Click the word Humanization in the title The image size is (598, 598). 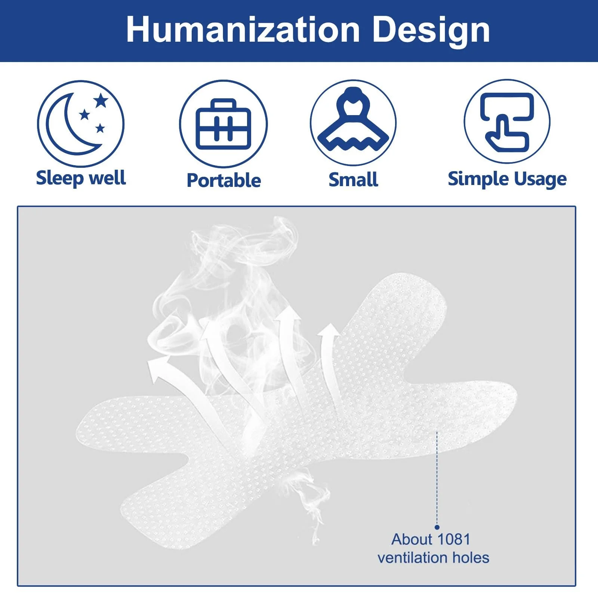243,30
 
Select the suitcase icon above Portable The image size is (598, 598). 224,124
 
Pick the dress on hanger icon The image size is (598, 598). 353,120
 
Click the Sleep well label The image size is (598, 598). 81,178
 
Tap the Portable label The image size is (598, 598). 224,180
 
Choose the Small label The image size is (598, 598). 353,179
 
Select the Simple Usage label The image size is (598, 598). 507,179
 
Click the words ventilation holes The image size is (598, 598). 433,558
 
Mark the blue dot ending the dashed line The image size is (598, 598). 437,527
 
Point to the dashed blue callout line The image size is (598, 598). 437,478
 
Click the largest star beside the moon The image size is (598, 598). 101,101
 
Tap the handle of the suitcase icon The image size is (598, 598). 224,104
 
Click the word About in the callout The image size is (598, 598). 412,539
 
